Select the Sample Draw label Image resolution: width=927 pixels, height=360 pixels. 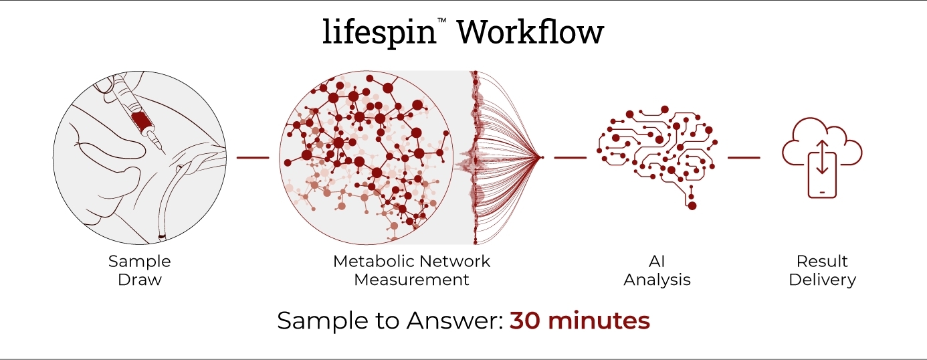(140, 270)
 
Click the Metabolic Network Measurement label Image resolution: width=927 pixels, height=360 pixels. (411, 270)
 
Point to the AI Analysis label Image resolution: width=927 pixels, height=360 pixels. (657, 270)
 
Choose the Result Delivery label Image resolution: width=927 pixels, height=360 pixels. (822, 270)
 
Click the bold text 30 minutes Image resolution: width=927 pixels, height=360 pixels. (579, 321)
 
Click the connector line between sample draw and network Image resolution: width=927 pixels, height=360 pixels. (253, 158)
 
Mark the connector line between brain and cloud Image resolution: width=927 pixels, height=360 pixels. (744, 158)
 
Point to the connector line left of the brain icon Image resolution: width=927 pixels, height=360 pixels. (570, 158)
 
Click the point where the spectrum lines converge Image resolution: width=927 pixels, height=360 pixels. (542, 158)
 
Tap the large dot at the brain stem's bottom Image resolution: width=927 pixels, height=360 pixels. (692, 205)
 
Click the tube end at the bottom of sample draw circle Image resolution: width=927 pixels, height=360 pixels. (161, 236)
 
